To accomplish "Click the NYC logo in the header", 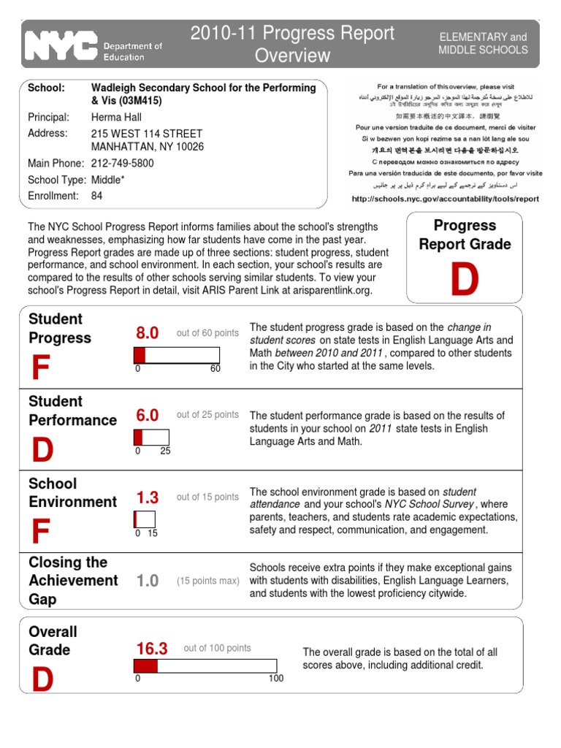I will [62, 45].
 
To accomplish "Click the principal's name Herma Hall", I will [116, 117].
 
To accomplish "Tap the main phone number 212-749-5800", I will [122, 164].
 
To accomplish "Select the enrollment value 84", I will [96, 196].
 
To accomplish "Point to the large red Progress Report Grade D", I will [464, 280].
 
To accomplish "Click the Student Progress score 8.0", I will [147, 333].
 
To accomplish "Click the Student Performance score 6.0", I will [147, 415].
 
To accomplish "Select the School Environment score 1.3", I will [147, 497].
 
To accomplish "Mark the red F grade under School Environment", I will [40, 534].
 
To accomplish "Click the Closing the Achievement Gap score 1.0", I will [147, 581].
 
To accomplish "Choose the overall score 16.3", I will [152, 648].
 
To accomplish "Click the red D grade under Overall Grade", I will [42, 680].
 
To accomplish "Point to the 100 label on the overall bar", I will [275, 679].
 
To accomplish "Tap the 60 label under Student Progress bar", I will [215, 369].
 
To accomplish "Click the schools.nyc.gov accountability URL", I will [445, 198].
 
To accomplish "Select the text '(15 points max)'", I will [207, 581].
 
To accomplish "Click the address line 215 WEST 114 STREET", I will [146, 134].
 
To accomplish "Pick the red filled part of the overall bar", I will [145, 665].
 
